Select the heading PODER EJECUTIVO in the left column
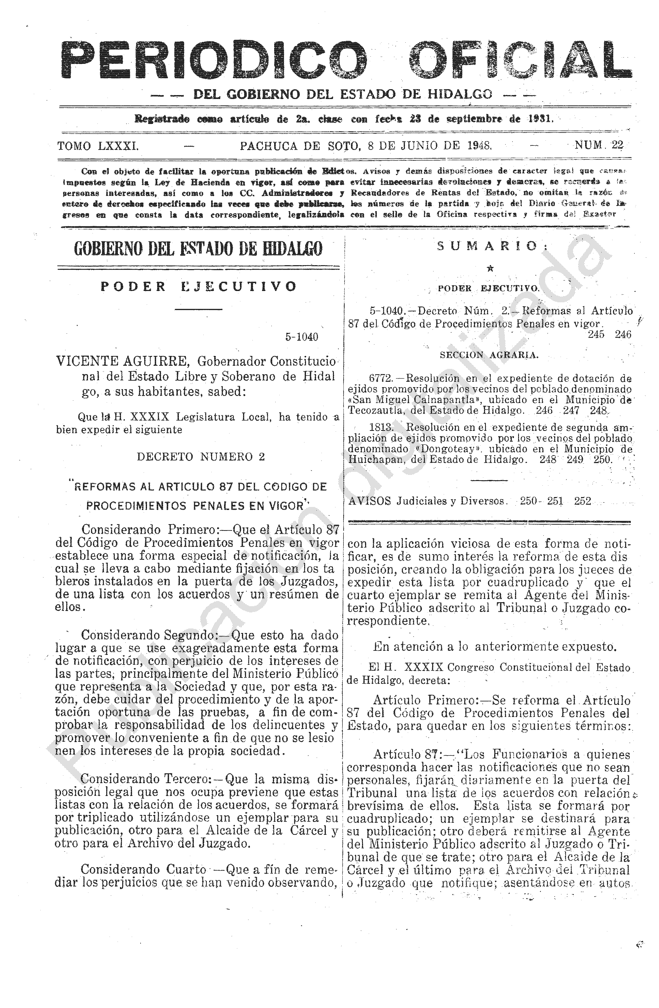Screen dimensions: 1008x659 pyautogui.click(x=198, y=287)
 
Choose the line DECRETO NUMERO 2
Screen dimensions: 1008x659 pyautogui.click(x=201, y=456)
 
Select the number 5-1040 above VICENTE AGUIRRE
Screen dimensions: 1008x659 pyautogui.click(x=301, y=337)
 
